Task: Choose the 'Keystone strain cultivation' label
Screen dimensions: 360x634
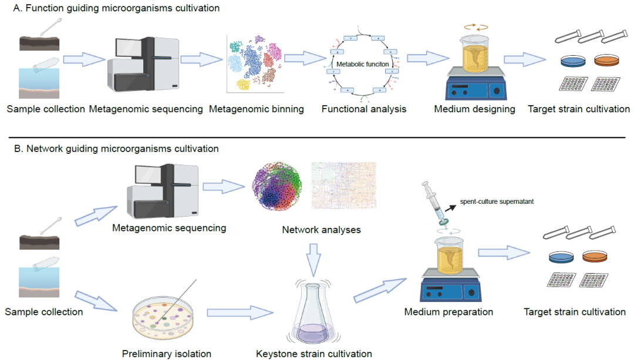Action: (314, 354)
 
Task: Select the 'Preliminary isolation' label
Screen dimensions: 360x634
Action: (167, 354)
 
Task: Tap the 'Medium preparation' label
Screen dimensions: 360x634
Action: (448, 311)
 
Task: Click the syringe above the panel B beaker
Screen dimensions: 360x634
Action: (435, 200)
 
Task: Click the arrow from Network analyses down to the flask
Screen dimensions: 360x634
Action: (316, 256)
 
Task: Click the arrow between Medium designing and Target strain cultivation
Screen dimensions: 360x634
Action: (525, 59)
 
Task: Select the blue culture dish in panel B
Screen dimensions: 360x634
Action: (560, 257)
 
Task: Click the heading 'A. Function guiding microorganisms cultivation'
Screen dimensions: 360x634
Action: (112, 8)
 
